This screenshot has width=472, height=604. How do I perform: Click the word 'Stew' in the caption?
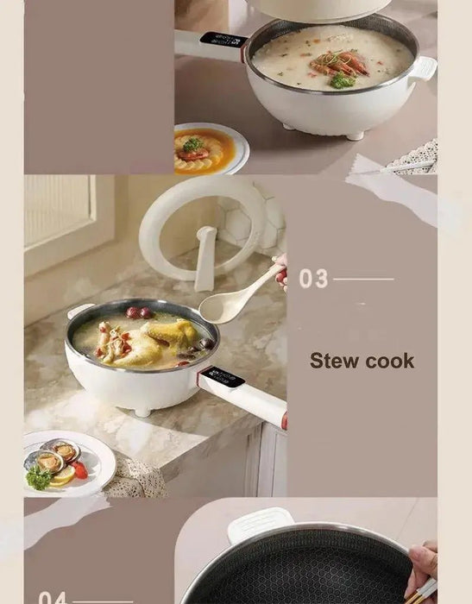(331, 361)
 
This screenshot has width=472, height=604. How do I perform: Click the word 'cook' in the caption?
(387, 361)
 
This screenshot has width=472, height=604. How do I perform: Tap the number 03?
(313, 280)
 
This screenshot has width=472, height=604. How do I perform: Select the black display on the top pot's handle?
(223, 39)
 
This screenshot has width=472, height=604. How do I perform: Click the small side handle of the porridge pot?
(422, 69)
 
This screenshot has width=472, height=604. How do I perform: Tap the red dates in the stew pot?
(139, 312)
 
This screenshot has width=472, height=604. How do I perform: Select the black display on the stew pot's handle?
(222, 378)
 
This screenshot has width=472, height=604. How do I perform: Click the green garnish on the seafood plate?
(38, 477)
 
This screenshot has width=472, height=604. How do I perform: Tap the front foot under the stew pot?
(142, 412)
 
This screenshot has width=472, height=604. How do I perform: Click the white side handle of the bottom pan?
(261, 523)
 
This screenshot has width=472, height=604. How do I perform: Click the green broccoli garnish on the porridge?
(343, 81)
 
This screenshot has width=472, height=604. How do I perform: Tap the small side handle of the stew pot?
(79, 311)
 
